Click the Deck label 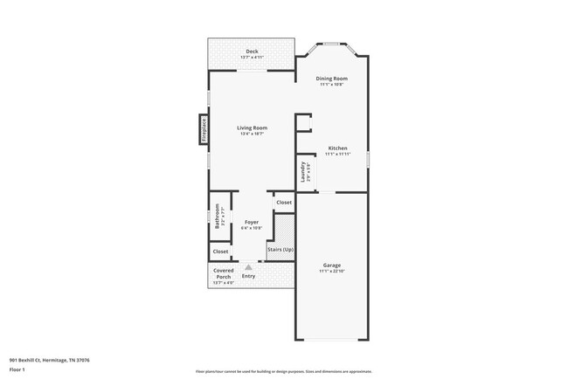click(x=252, y=52)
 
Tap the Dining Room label click(x=331, y=79)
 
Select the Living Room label click(x=252, y=128)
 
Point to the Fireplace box click(x=204, y=129)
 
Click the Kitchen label click(x=337, y=148)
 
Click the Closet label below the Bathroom click(x=220, y=252)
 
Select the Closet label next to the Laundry click(x=284, y=203)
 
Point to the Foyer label click(x=252, y=223)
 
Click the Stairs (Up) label click(x=281, y=250)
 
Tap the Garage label click(x=331, y=265)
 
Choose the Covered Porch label click(x=224, y=274)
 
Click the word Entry click(x=249, y=276)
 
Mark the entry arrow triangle click(x=248, y=267)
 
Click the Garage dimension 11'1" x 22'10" click(x=331, y=271)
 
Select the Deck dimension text click(x=252, y=58)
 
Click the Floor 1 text click(x=18, y=369)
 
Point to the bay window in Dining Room click(x=332, y=44)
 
